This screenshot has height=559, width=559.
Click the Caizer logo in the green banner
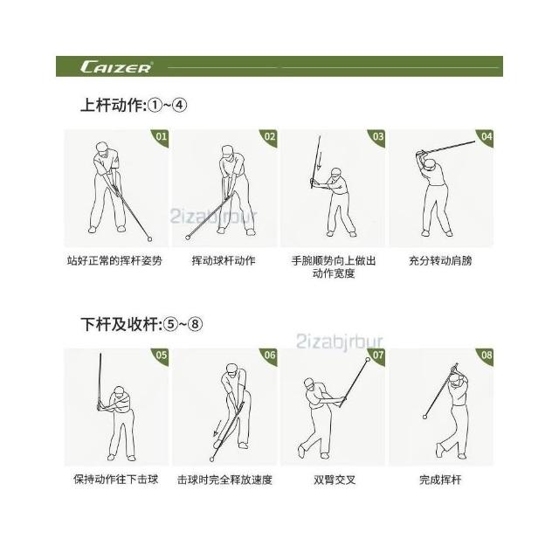click(x=117, y=67)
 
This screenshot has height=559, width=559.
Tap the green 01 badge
click(x=162, y=136)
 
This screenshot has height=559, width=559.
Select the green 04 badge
click(x=487, y=136)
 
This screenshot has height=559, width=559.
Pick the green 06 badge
click(x=270, y=355)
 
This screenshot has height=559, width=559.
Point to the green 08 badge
click(x=487, y=355)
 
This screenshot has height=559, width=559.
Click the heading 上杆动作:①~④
click(x=134, y=106)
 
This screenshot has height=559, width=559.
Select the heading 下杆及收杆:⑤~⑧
click(x=141, y=324)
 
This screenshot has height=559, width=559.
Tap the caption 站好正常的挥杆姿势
click(x=114, y=260)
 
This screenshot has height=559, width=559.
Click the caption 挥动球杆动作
click(x=224, y=260)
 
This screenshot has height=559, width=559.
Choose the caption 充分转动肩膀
click(x=440, y=260)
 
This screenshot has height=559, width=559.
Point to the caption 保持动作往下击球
click(x=116, y=480)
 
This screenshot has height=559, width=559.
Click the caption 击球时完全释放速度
click(x=224, y=480)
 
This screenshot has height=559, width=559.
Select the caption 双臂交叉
click(x=335, y=480)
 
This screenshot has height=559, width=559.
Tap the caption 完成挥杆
click(x=440, y=480)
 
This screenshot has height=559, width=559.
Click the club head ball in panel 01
click(x=149, y=238)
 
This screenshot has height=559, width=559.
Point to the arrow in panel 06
click(x=217, y=429)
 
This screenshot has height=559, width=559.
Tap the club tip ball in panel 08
click(x=424, y=417)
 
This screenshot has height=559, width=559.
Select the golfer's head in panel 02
click(x=227, y=150)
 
